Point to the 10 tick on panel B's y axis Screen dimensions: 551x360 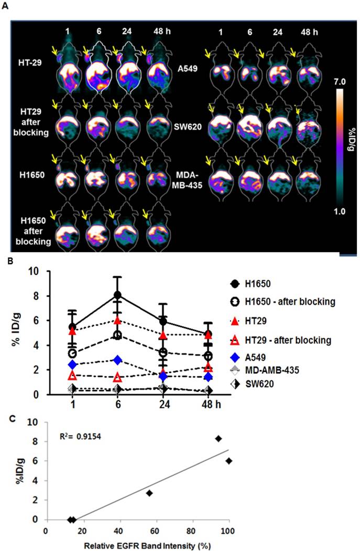point(36,272)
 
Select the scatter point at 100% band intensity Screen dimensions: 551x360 point(228,461)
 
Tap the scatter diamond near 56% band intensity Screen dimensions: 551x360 point(149,493)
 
